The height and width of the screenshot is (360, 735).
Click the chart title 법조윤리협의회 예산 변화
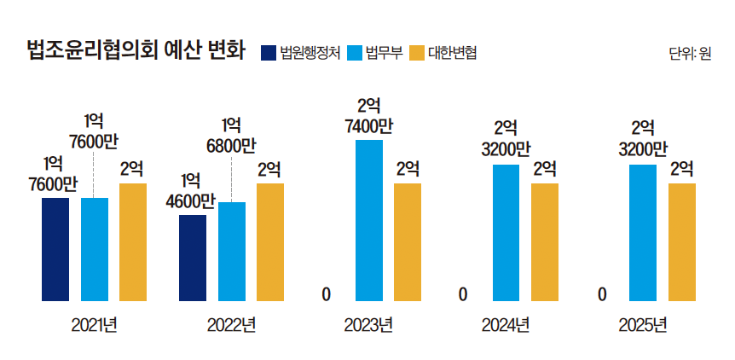[137, 52]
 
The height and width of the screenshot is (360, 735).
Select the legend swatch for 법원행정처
[269, 53]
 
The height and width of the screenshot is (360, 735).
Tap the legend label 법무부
[384, 53]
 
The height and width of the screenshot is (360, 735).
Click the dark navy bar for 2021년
[55, 249]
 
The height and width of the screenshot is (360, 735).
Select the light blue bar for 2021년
[95, 249]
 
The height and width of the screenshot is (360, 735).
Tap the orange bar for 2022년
[270, 242]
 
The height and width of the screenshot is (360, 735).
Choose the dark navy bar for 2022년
[193, 258]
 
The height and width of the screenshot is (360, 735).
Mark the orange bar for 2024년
[545, 242]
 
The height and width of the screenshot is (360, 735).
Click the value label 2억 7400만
[369, 117]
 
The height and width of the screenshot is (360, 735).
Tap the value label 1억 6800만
[231, 136]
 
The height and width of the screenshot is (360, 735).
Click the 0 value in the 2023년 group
[327, 295]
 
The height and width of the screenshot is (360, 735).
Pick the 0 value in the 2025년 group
[602, 295]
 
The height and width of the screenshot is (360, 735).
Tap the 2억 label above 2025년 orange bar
[681, 168]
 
